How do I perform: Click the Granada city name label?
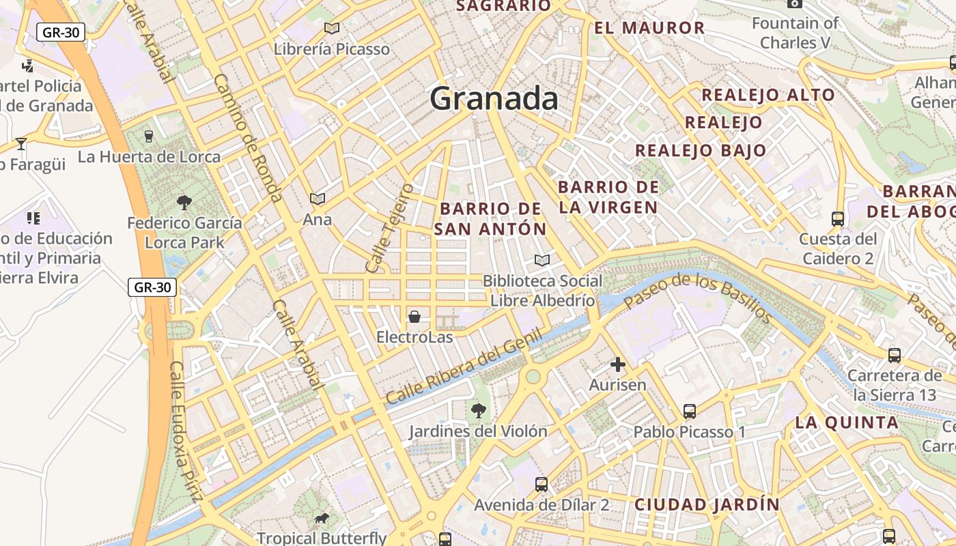(x=494, y=99)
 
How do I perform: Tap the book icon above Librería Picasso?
(x=332, y=28)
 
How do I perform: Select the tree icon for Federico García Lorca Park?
(x=184, y=202)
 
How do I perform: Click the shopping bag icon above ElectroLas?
(x=414, y=317)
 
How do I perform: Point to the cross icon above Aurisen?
(x=618, y=364)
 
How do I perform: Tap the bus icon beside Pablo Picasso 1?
(x=690, y=412)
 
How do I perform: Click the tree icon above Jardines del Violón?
(x=479, y=410)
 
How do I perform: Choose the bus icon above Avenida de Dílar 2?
(x=542, y=485)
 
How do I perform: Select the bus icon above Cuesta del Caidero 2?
(x=838, y=219)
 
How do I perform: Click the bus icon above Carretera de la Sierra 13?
(x=895, y=356)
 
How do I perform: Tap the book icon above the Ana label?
(x=318, y=199)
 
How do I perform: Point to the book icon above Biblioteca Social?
(x=542, y=260)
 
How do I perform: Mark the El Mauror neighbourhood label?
(x=649, y=28)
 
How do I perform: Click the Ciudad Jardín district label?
(x=707, y=505)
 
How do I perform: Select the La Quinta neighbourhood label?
(x=847, y=422)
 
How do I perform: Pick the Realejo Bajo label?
(x=701, y=150)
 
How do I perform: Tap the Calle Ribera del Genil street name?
(x=464, y=367)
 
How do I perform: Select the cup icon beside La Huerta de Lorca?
(x=149, y=136)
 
